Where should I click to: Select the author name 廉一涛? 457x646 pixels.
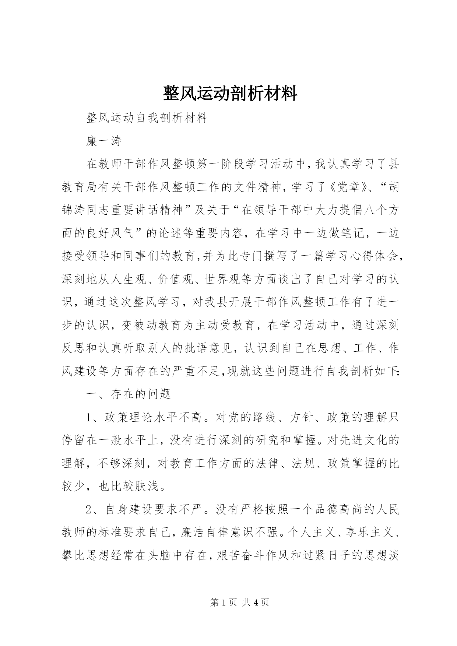point(104,141)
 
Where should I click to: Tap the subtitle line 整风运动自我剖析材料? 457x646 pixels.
point(147,118)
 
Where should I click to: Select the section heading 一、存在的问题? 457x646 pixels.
point(129,394)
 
